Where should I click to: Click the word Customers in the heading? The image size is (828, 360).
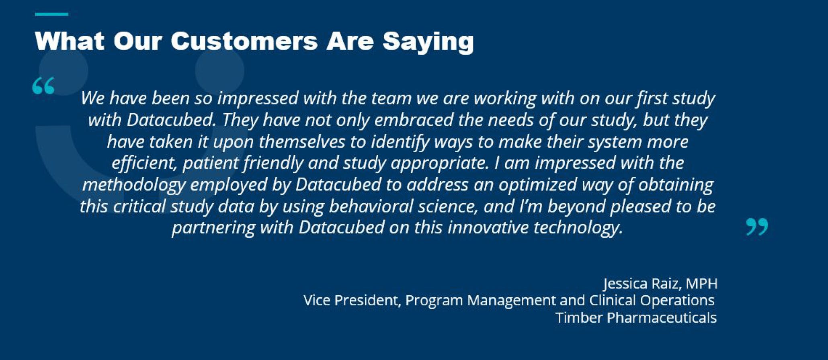[x=244, y=41]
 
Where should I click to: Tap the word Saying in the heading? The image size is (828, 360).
[x=428, y=43]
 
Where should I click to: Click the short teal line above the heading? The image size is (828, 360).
[x=51, y=14]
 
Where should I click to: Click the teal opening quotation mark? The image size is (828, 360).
[x=43, y=86]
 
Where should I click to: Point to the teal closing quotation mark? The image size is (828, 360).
[x=757, y=227]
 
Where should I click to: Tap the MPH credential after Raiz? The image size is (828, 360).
[x=701, y=284]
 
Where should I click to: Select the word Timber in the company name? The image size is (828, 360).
[x=579, y=318]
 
